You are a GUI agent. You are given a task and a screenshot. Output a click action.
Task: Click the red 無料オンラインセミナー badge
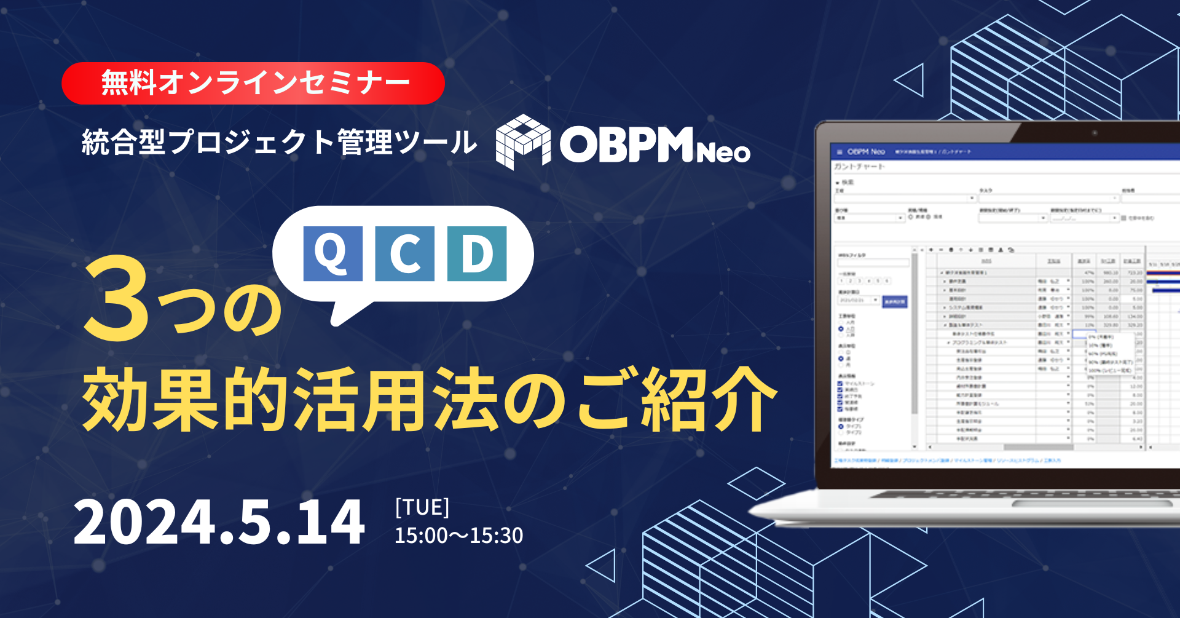point(253,83)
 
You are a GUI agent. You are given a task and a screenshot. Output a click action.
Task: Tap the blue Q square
point(332,253)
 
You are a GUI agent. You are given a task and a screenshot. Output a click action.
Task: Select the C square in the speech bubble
point(404,253)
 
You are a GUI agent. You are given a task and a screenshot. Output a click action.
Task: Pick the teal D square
point(477,253)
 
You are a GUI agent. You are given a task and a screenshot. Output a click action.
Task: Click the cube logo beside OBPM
point(522,141)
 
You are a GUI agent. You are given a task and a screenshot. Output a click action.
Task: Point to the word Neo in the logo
point(723,153)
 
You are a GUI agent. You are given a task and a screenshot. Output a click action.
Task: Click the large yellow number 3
point(117,300)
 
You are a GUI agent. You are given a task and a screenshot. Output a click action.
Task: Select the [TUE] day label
point(422,508)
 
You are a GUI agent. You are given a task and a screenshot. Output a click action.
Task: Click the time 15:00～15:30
point(458,536)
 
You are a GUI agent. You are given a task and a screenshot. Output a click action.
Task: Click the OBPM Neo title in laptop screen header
point(866,151)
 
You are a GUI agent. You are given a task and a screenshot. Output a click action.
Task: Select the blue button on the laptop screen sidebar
point(895,301)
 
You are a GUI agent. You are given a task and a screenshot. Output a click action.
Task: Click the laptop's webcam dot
point(1095,133)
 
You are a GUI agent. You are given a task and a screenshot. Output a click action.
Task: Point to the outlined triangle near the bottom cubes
point(604,565)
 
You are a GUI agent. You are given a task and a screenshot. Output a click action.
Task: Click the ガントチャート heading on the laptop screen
point(859,167)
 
